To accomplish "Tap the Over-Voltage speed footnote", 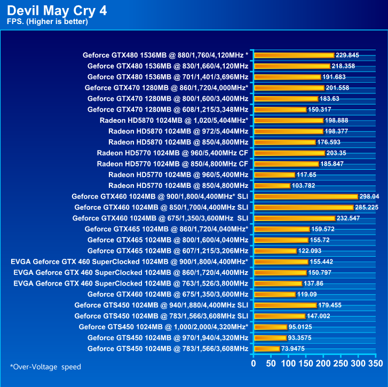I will [45, 367].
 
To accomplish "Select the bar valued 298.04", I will [306, 196].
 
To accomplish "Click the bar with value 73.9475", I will [267, 349].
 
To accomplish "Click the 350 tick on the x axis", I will [376, 364].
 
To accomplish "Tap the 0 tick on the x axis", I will [254, 364].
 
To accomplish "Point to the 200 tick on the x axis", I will [323, 364].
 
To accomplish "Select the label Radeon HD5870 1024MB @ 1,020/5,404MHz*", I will [173, 120].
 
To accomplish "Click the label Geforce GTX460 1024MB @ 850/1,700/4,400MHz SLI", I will [161, 207].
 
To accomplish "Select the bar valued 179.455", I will [285, 305].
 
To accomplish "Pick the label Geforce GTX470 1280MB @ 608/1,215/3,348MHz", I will [168, 109].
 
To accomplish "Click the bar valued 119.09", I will [275, 294].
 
